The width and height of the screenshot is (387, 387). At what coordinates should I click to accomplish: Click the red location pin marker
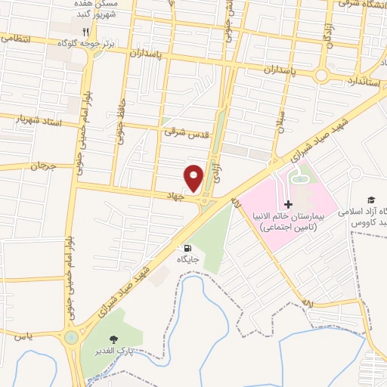point(195,178)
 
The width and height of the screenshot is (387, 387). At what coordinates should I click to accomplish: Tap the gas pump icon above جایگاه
point(187,247)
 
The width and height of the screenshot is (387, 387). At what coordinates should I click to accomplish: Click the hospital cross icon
point(288,205)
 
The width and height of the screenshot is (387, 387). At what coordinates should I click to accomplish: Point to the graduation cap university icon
point(370,200)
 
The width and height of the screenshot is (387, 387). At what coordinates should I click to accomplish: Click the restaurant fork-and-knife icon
point(86,32)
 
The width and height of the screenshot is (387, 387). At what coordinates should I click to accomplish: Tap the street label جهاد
point(176,195)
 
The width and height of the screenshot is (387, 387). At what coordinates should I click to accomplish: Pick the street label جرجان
point(42,164)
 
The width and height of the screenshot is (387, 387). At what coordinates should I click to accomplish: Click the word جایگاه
point(187,259)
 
